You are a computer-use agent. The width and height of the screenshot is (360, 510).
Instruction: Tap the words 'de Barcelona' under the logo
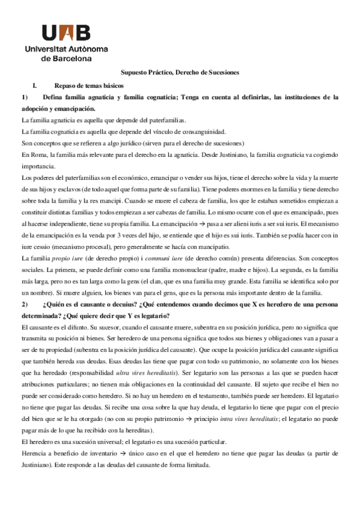point(66,60)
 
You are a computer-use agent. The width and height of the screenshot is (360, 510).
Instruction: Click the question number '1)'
point(25,97)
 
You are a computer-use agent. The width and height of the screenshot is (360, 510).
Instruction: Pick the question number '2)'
point(25,305)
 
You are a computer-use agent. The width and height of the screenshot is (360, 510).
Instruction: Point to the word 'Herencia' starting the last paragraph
point(32,454)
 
